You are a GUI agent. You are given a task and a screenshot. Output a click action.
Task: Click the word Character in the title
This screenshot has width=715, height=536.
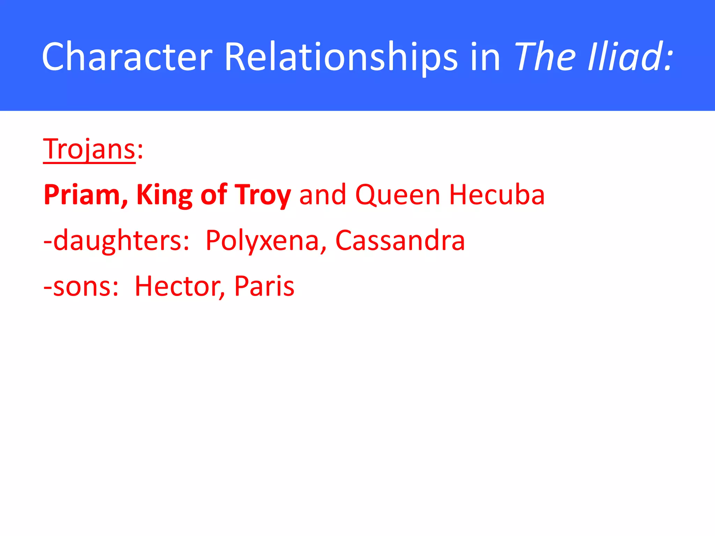127,57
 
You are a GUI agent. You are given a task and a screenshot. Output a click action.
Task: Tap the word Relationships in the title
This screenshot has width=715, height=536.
340,57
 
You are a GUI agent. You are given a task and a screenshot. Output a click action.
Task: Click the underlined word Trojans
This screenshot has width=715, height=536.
89,149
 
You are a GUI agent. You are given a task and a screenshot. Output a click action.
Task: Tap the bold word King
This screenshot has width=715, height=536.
164,195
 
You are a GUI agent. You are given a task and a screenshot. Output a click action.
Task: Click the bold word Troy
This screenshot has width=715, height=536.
263,195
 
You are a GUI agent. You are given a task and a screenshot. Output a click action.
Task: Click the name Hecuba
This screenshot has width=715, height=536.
497,195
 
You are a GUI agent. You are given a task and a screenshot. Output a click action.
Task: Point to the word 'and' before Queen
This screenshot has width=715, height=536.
323,195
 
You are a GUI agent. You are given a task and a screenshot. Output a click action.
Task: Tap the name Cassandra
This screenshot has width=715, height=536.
400,241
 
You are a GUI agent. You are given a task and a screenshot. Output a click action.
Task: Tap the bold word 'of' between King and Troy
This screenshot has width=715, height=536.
213,195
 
